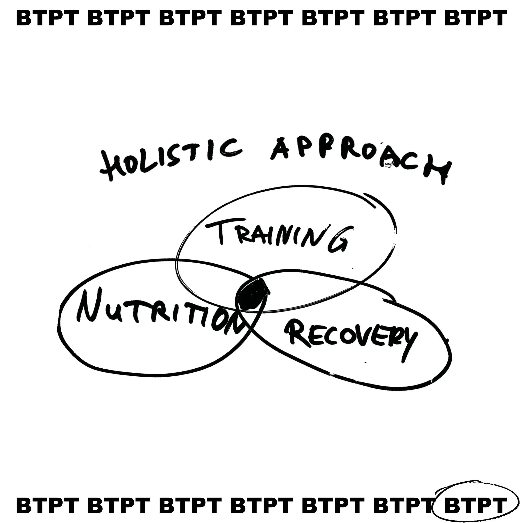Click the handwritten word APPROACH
(360, 160)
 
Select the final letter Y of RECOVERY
(407, 345)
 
